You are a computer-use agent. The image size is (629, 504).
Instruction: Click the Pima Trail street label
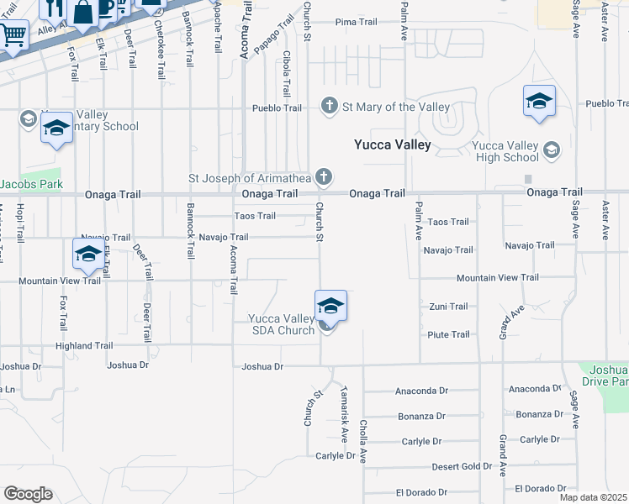357,22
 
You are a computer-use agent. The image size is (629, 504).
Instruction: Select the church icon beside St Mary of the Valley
329,107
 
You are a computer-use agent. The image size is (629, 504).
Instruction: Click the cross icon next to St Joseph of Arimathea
323,177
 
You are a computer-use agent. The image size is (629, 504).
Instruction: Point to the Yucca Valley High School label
507,151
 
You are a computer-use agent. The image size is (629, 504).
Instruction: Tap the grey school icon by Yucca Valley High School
551,150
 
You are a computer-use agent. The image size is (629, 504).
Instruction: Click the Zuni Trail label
448,307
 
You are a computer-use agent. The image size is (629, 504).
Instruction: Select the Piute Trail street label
449,334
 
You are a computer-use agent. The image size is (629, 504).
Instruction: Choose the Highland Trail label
84,345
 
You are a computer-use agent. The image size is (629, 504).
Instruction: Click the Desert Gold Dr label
462,466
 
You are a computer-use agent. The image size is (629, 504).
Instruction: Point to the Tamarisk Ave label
344,414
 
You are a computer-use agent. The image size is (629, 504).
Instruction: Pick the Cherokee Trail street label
160,50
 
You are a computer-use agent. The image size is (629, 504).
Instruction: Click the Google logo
28,494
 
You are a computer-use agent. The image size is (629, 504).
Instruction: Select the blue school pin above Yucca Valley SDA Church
330,307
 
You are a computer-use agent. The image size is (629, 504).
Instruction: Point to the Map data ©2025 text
593,497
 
